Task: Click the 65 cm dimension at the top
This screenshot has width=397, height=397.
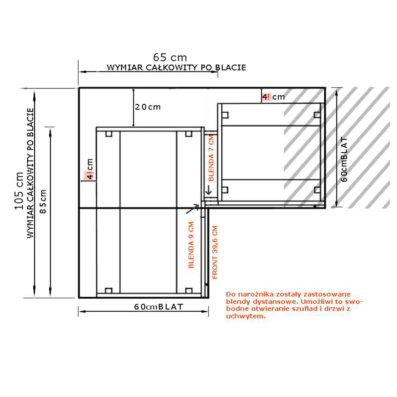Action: (170, 58)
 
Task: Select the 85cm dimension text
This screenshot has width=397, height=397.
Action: (43, 202)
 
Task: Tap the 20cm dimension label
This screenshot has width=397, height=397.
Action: (148, 107)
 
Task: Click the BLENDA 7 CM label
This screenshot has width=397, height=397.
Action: (211, 158)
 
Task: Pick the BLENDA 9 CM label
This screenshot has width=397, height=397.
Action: (191, 245)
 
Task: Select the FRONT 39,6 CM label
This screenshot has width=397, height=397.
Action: (215, 252)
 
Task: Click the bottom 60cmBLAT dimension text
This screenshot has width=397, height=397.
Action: (158, 307)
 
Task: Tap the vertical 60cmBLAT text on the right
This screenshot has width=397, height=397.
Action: (344, 159)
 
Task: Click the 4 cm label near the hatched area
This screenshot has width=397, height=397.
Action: (273, 97)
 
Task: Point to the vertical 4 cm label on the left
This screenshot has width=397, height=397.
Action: (90, 169)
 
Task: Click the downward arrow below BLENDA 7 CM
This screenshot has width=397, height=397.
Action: (208, 190)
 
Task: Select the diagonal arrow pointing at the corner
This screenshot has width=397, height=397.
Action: (193, 209)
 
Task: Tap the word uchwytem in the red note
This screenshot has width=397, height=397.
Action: (246, 316)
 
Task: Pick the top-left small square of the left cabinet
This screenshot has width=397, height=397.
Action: (109, 134)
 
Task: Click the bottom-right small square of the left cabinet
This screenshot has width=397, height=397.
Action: (189, 291)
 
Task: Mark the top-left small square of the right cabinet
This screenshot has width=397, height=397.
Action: (225, 115)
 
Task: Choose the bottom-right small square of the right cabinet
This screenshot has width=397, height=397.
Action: (317, 190)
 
